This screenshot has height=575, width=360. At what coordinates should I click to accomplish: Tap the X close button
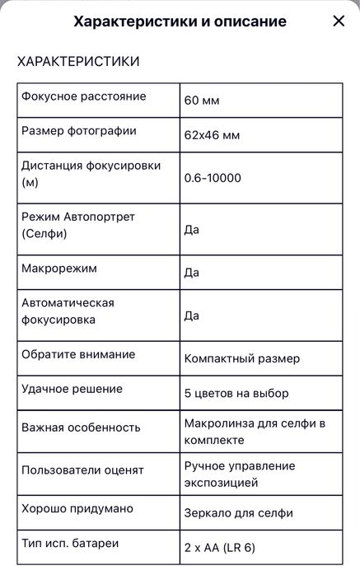pyautogui.click(x=339, y=21)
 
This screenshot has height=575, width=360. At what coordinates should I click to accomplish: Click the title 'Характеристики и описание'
pyautogui.click(x=180, y=22)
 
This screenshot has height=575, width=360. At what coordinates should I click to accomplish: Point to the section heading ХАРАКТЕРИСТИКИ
pyautogui.click(x=78, y=62)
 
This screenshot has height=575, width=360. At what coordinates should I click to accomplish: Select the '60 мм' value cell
pyautogui.click(x=202, y=101)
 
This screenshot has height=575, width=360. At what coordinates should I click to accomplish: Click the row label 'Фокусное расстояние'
pyautogui.click(x=83, y=96)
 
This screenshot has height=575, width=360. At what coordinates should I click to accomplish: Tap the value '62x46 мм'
pyautogui.click(x=212, y=134)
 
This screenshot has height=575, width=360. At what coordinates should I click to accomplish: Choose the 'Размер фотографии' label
pyautogui.click(x=79, y=131)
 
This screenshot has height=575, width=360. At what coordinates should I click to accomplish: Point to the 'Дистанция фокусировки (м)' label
pyautogui.click(x=91, y=174)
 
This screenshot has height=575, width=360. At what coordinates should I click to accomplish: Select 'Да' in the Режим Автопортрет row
pyautogui.click(x=191, y=229)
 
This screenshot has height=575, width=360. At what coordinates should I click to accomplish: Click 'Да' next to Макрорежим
pyautogui.click(x=191, y=272)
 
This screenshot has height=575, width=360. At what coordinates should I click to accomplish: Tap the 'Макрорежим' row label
pyautogui.click(x=59, y=269)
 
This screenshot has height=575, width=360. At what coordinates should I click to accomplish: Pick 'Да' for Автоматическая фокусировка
pyautogui.click(x=191, y=315)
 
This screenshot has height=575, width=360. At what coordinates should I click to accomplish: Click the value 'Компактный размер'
pyautogui.click(x=242, y=358)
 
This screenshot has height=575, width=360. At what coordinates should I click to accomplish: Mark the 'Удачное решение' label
pyautogui.click(x=72, y=389)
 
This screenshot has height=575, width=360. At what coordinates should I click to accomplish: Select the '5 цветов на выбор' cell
pyautogui.click(x=236, y=393)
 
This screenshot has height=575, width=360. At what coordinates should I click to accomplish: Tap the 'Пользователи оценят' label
pyautogui.click(x=82, y=470)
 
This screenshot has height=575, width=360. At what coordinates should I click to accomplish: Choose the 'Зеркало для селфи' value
pyautogui.click(x=238, y=512)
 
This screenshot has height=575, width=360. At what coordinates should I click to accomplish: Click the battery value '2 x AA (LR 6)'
pyautogui.click(x=220, y=546)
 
